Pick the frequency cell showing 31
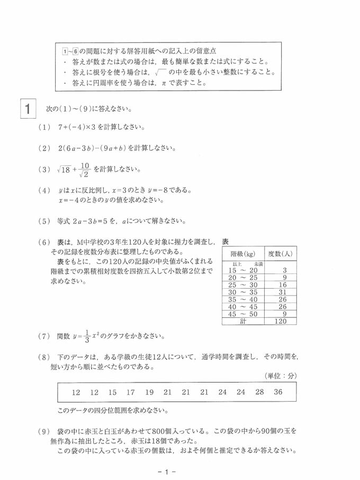click(282, 291)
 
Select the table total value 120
click(282, 321)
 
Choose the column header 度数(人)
click(282, 254)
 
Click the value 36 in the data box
click(278, 393)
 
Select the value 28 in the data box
click(259, 393)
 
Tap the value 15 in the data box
click(112, 393)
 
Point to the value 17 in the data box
click(130, 393)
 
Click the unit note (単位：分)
click(281, 376)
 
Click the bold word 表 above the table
click(226, 242)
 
